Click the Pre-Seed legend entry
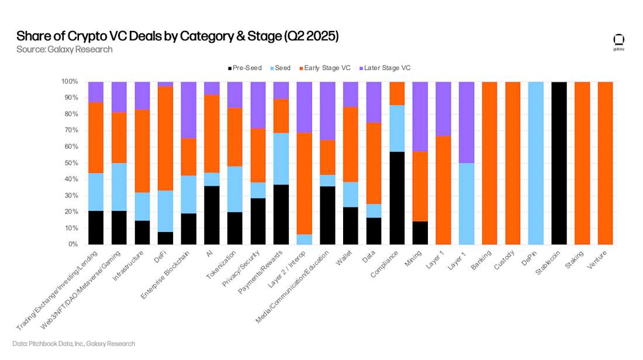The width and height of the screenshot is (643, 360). (245, 68)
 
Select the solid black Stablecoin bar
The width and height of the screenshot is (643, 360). (559, 162)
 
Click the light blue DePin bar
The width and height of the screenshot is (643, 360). (536, 162)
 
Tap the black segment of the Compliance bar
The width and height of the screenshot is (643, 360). (397, 198)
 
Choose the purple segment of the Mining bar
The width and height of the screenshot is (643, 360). (420, 116)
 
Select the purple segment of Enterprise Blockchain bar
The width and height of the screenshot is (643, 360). (189, 110)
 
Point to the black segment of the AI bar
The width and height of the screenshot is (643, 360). (212, 214)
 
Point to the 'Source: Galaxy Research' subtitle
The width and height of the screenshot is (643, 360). (64, 50)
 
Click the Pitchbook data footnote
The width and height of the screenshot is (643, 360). (74, 344)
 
